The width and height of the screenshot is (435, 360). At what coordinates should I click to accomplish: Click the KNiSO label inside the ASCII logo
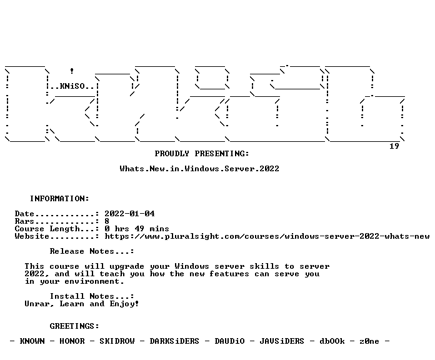tap(72, 86)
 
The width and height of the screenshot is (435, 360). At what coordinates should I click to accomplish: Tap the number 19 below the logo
tap(394, 146)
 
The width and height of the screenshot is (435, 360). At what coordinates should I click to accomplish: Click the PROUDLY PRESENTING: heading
tap(202, 154)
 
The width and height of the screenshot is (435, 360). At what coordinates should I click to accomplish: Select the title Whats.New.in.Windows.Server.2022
tap(199, 169)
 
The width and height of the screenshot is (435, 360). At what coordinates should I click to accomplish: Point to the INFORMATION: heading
tap(59, 199)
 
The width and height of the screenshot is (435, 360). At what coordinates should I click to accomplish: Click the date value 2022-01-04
tap(129, 214)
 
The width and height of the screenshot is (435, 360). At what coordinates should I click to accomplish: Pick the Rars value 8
tap(107, 221)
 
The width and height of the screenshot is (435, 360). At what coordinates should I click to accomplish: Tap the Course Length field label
tap(47, 229)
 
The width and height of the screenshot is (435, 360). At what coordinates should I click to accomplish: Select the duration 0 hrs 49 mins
tap(137, 229)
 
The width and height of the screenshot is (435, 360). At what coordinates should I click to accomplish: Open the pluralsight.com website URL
tap(267, 236)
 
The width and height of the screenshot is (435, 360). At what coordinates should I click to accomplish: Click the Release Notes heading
tap(82, 251)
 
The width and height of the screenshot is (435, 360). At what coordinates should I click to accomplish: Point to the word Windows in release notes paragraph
tap(192, 266)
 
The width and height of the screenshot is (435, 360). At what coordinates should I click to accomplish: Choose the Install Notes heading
tap(82, 296)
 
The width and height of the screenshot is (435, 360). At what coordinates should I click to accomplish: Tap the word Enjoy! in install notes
tap(124, 304)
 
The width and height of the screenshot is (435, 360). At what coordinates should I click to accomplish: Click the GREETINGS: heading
tap(74, 326)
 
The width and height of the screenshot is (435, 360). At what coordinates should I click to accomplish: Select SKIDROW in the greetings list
tap(117, 341)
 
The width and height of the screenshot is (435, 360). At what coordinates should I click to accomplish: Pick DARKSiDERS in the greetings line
tap(174, 341)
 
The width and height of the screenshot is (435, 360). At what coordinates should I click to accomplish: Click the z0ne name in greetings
tap(369, 341)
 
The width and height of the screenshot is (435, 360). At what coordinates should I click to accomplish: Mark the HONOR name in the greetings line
tap(72, 341)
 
